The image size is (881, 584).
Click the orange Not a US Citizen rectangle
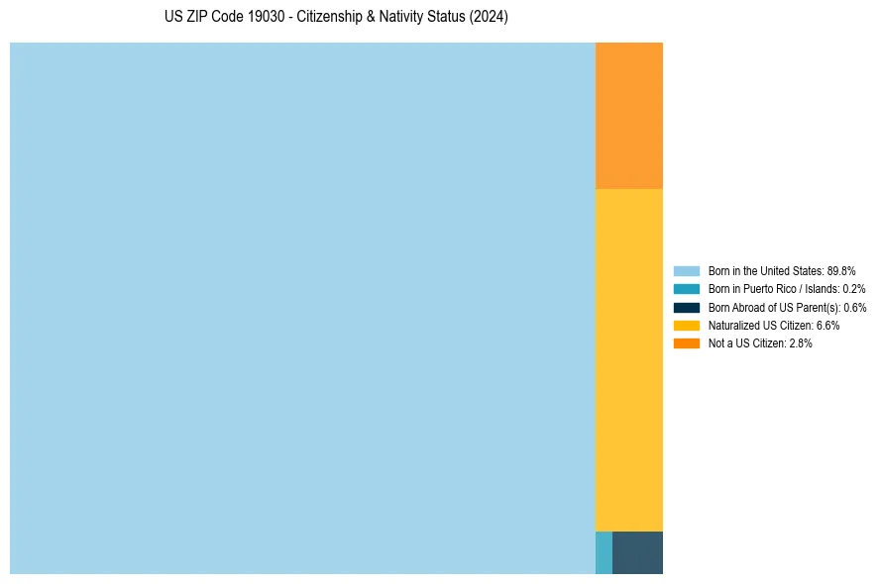click(628, 115)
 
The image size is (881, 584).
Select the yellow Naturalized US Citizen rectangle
click(628, 359)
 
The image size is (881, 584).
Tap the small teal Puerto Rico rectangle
click(604, 552)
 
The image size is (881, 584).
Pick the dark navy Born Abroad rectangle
click(637, 552)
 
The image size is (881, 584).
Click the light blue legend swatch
click(687, 270)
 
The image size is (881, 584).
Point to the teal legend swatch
click(687, 289)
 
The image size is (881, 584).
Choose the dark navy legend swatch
click(687, 307)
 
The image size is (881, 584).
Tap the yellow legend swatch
click(687, 325)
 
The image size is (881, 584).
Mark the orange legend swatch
click(687, 343)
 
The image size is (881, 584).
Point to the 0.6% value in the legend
click(854, 307)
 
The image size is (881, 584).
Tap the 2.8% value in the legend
click(800, 343)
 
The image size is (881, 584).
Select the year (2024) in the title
click(490, 18)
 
